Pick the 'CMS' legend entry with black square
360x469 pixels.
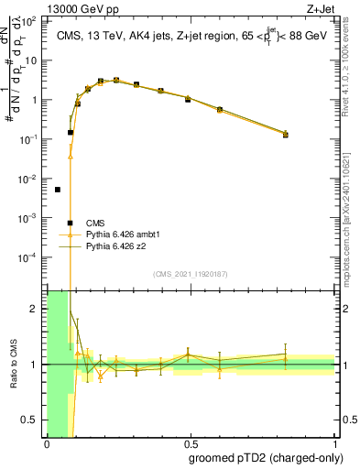(x=94, y=223)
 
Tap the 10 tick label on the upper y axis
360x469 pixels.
(x=31, y=60)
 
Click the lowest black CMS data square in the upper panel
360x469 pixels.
(x=57, y=190)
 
